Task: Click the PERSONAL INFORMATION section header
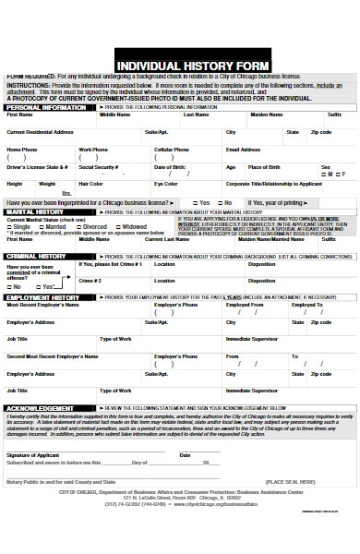[48, 108]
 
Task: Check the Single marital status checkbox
[11, 226]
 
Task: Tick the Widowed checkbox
[118, 226]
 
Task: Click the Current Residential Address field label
[41, 132]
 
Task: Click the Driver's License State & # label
[38, 167]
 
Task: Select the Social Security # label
[98, 167]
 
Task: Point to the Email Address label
[244, 149]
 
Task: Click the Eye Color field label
[167, 184]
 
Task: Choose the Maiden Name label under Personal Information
[267, 115]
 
